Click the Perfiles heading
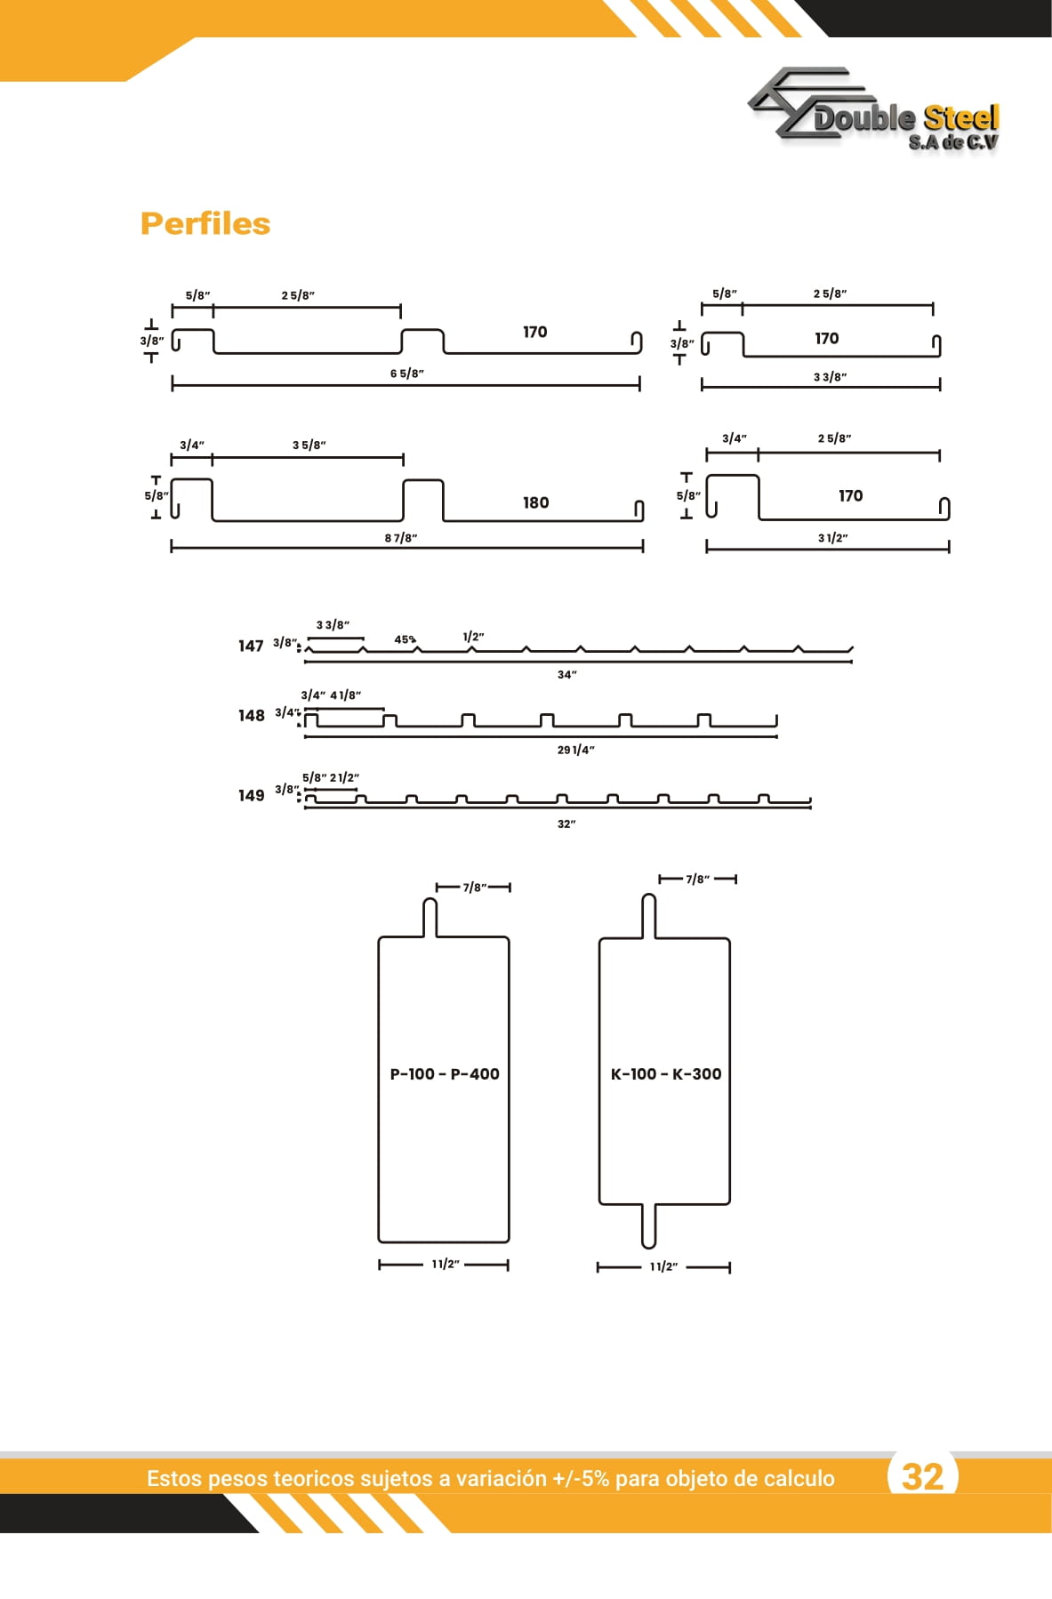pos(205,223)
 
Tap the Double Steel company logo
pos(874,109)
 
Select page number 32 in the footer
pos(922,1477)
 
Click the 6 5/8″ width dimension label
pos(407,374)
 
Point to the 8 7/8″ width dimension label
pos(401,538)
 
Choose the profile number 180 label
pos(535,502)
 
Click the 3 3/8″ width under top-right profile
pos(830,377)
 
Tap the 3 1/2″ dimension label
pos(832,538)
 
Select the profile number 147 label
pos(251,646)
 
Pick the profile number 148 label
pos(251,716)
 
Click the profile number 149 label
pos(251,796)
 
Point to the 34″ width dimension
pos(567,675)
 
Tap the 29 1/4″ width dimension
pos(576,750)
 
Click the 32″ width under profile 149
pos(566,824)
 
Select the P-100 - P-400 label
pos(445,1074)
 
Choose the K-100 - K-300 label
pos(666,1074)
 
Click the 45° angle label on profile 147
pos(406,639)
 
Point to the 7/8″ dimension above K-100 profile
pos(698,880)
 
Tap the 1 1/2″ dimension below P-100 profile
pos(446,1264)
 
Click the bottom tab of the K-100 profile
pos(648,1226)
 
